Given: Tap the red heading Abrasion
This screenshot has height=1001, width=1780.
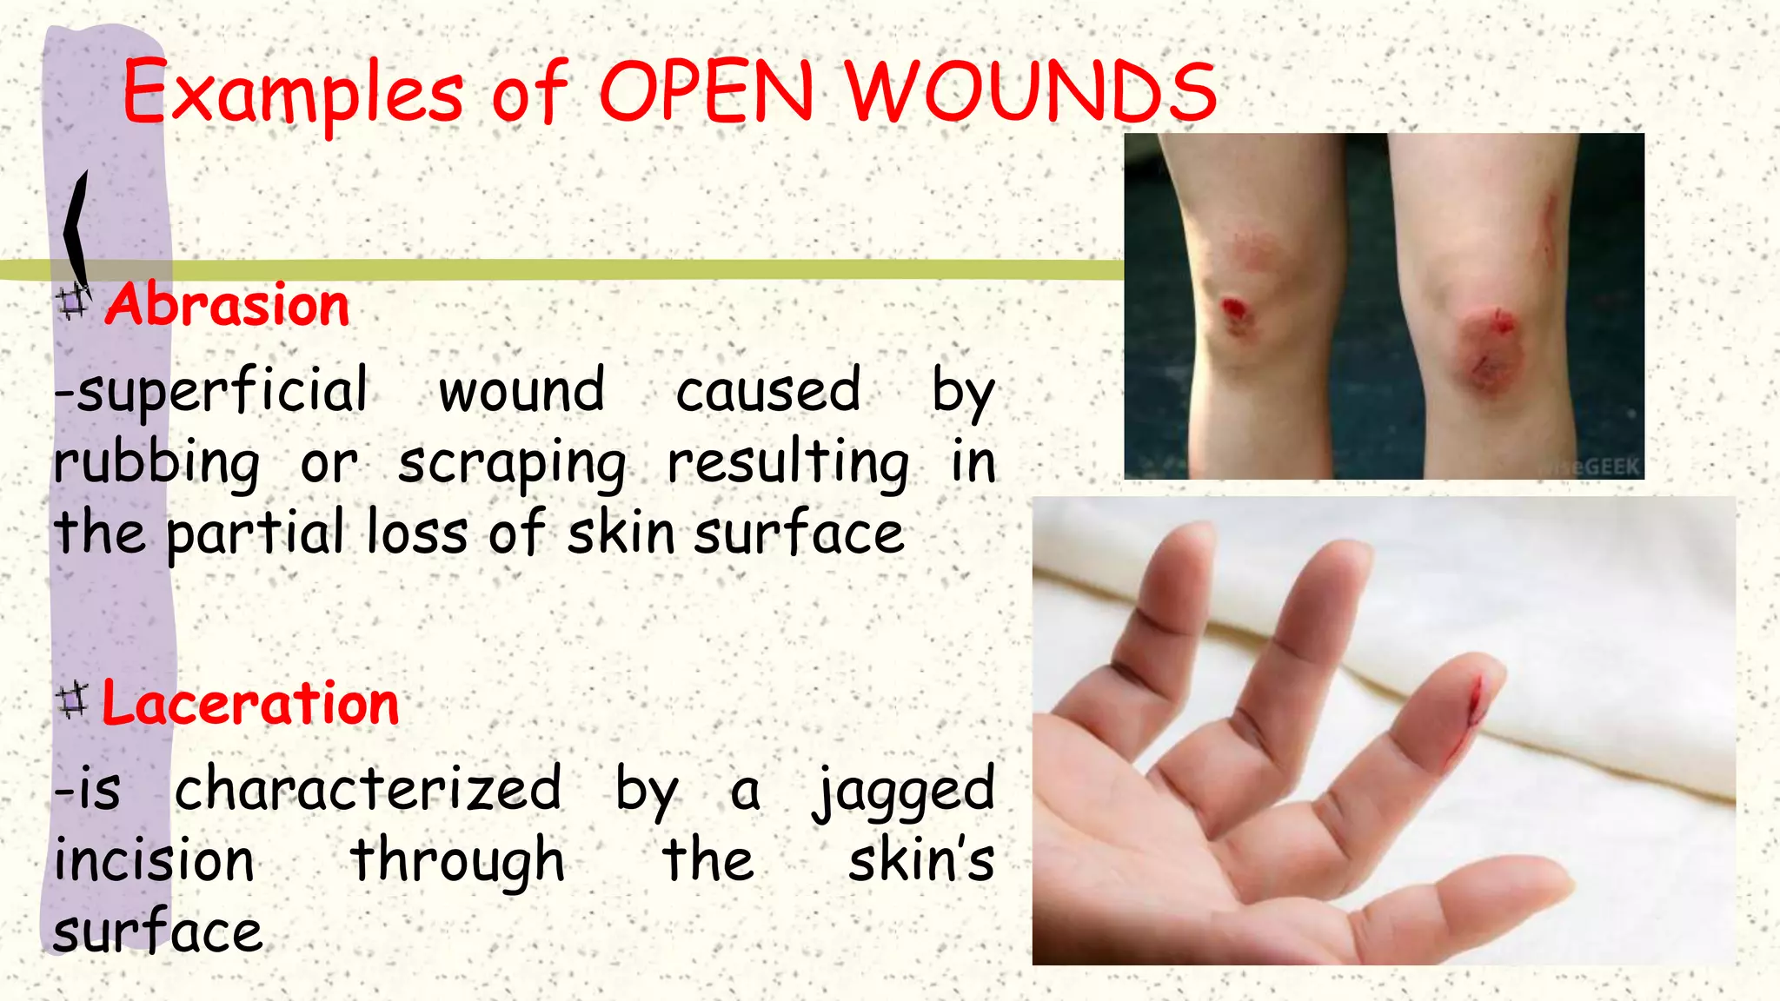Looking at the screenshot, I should pos(228,305).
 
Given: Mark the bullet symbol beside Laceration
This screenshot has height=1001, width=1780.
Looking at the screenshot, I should pos(71,700).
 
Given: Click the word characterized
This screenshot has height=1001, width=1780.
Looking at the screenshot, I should pos(369,789).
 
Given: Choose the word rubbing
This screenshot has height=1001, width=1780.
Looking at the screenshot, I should pos(156,463).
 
